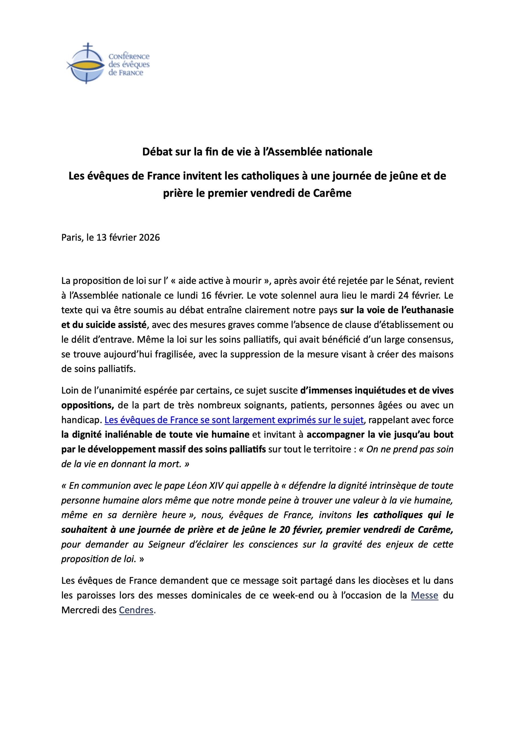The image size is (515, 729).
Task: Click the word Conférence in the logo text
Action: point(129,56)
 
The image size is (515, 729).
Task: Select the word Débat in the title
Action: point(157,152)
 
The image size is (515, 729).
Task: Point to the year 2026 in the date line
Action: point(149,237)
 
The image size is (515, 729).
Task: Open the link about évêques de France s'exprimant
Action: point(234,420)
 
